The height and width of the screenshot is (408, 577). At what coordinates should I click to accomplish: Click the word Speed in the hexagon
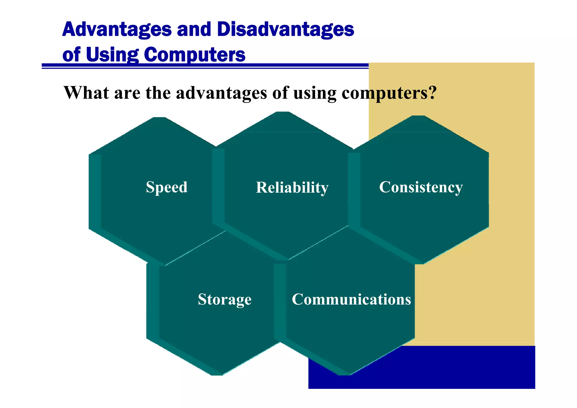point(167,187)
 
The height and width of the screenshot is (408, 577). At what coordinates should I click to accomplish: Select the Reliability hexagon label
point(292,188)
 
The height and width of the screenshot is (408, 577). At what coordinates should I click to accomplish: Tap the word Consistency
point(421,187)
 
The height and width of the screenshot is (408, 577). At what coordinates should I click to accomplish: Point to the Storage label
point(225,299)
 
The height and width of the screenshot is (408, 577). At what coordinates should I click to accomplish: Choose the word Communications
point(351,299)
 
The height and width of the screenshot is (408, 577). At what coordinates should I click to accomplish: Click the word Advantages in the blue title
point(117,30)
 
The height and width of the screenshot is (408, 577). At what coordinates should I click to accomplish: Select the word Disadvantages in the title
point(285,30)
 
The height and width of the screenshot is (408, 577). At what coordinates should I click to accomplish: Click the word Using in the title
point(112,54)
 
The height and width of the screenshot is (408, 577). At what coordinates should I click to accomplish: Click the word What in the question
point(86,92)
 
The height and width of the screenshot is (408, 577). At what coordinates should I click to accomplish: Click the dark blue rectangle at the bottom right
point(451,369)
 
